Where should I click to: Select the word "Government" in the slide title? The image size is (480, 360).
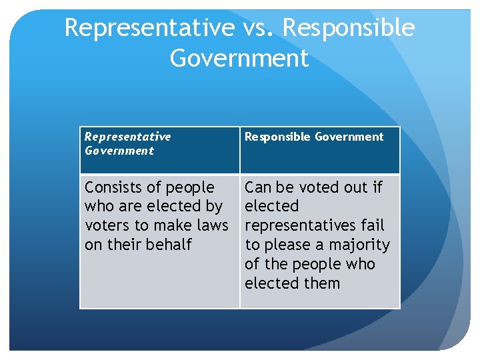pyautogui.click(x=239, y=58)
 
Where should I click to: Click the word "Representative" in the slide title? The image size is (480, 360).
pyautogui.click(x=149, y=28)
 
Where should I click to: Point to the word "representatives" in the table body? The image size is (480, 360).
pyautogui.click(x=301, y=225)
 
